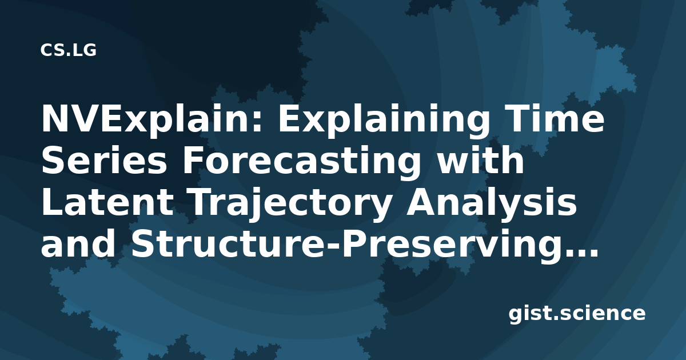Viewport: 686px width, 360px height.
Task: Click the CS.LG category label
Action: coord(68,50)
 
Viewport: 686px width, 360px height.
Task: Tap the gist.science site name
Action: coord(577,314)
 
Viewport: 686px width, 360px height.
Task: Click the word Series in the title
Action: coord(104,160)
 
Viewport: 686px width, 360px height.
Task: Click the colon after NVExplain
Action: coord(257,122)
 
